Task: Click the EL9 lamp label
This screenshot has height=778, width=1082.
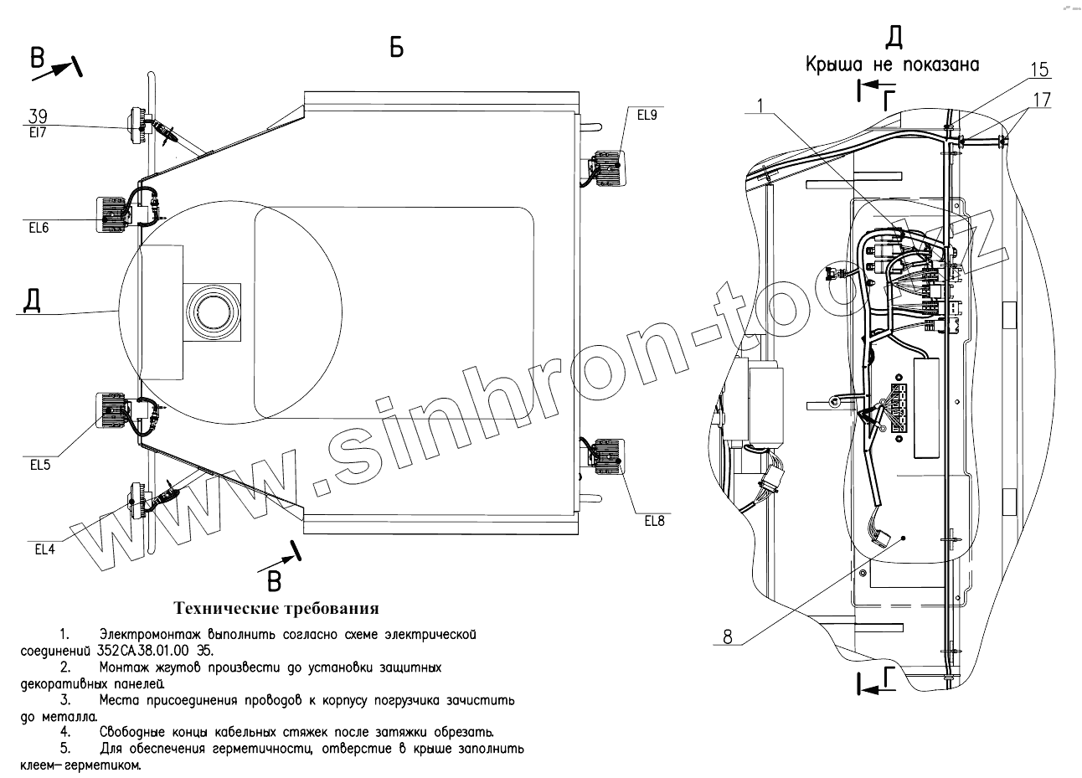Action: (647, 116)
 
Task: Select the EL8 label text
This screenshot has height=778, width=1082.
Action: (654, 520)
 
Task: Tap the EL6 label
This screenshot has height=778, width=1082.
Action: (39, 228)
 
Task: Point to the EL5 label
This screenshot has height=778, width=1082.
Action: (40, 466)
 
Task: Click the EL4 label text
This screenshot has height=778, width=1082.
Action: (46, 549)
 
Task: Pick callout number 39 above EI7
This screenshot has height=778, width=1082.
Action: (38, 116)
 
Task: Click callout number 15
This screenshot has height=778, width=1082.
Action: (1038, 69)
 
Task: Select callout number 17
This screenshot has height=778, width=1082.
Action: (1042, 100)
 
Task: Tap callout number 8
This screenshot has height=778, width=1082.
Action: (727, 637)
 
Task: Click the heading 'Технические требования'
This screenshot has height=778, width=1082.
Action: (276, 608)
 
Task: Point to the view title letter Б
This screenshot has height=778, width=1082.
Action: (396, 49)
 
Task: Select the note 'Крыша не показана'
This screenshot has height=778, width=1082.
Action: (892, 64)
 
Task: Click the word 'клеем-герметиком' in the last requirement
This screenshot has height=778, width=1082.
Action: (80, 765)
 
